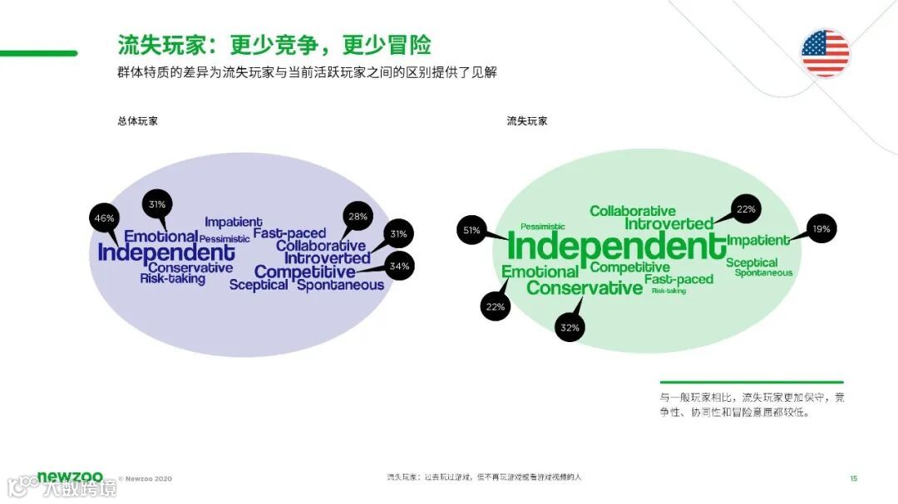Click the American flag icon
(x=825, y=53)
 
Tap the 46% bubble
(x=104, y=218)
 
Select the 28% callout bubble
(x=358, y=218)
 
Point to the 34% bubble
(x=400, y=267)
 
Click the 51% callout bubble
(x=471, y=230)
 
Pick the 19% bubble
(x=822, y=228)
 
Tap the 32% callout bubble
(x=570, y=328)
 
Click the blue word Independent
(x=166, y=252)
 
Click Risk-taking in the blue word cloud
(x=172, y=279)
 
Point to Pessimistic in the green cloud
(x=542, y=226)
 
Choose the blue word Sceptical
(x=259, y=285)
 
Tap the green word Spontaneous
(x=763, y=272)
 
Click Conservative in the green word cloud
(x=585, y=288)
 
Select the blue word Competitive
(x=304, y=272)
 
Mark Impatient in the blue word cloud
(x=233, y=222)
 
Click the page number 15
(x=853, y=477)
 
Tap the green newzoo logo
(x=70, y=477)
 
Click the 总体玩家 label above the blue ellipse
(x=138, y=121)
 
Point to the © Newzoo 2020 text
(x=146, y=478)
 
